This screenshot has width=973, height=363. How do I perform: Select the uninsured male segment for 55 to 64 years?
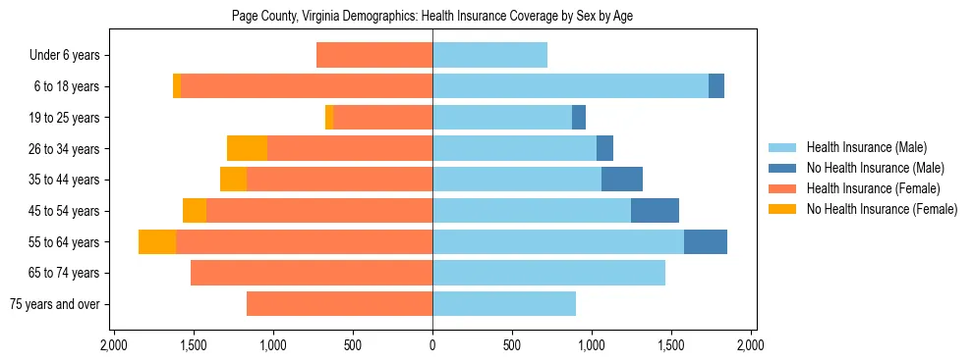pyautogui.click(x=706, y=241)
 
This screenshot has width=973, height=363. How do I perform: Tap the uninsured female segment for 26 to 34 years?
pyautogui.click(x=247, y=148)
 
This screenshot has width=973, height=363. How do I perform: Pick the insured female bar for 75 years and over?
pyautogui.click(x=339, y=304)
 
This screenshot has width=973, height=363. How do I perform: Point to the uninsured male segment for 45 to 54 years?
pyautogui.click(x=655, y=211)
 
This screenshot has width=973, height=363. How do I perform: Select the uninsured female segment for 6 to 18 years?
pyautogui.click(x=177, y=86)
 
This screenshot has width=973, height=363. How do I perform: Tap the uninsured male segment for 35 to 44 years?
pyautogui.click(x=622, y=180)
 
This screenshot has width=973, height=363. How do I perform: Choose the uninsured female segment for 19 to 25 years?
pyautogui.click(x=329, y=118)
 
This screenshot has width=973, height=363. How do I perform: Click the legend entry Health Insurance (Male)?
pyautogui.click(x=867, y=147)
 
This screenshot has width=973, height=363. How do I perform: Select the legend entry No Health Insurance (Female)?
pyautogui.click(x=882, y=209)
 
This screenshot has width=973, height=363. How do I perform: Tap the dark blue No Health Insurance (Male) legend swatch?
pyautogui.click(x=782, y=168)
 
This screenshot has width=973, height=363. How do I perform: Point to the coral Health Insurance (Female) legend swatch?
pyautogui.click(x=782, y=188)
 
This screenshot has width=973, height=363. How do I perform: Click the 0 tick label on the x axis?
pyautogui.click(x=432, y=345)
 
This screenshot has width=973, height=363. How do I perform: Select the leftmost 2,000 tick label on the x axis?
pyautogui.click(x=114, y=345)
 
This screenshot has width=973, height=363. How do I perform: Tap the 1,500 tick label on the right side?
pyautogui.click(x=671, y=345)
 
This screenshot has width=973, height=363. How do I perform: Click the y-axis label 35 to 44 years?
pyautogui.click(x=67, y=180)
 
